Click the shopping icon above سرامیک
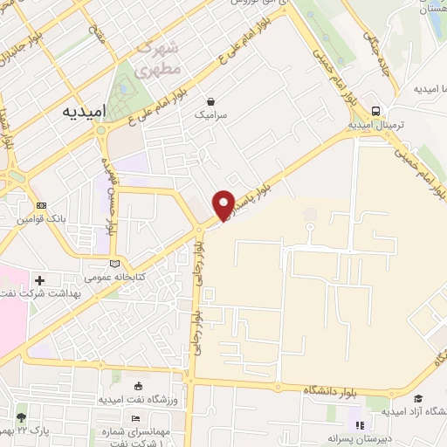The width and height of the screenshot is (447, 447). pos(210,100)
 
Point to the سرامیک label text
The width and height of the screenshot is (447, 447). pos(210,114)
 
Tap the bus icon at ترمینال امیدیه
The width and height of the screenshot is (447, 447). pos(375,111)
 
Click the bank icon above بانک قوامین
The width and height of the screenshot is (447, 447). pos(40,206)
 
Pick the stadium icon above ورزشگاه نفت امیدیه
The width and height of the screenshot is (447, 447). pos(138,386)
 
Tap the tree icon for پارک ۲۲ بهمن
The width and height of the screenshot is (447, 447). pos(20,417)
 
